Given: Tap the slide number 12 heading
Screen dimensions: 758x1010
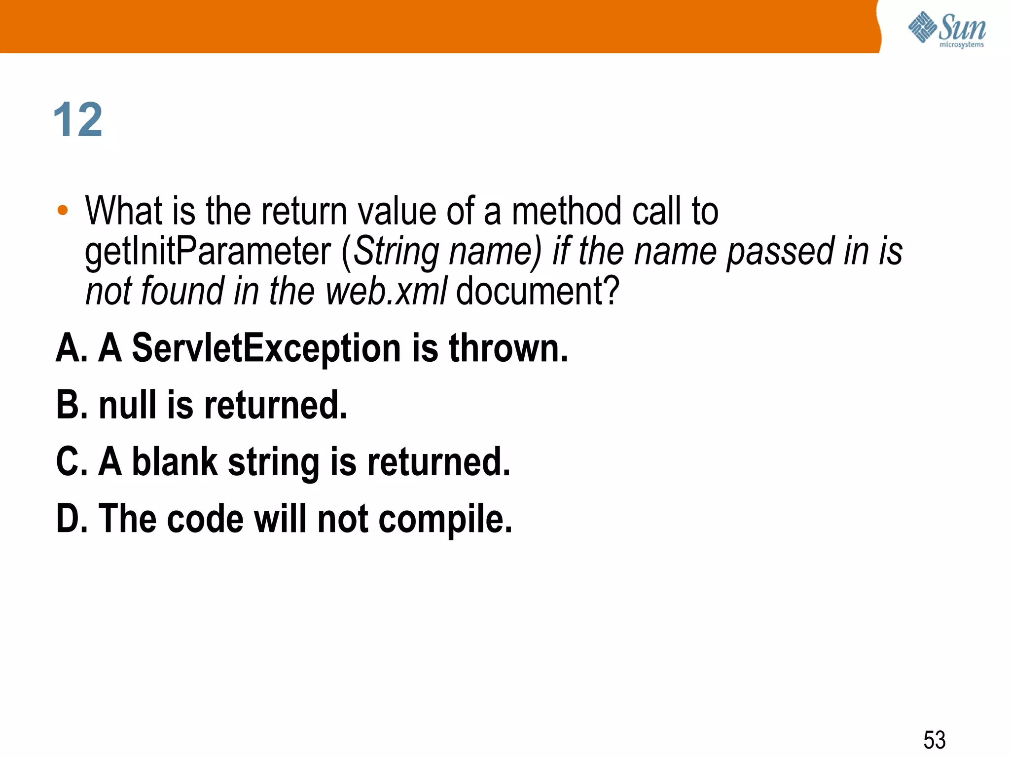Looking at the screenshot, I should [78, 120].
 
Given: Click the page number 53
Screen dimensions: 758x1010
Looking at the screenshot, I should [934, 740].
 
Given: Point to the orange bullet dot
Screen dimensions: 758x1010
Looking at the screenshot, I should [62, 211].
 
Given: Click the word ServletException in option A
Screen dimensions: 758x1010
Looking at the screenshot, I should [267, 348].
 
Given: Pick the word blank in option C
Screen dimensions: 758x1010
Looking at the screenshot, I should [175, 462].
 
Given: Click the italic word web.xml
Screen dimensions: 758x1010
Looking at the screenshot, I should [386, 291].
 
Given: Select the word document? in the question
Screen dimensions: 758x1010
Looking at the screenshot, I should [537, 291].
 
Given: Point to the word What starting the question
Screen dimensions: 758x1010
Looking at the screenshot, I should [124, 211].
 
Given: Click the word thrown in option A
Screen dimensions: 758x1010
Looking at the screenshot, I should [508, 348].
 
